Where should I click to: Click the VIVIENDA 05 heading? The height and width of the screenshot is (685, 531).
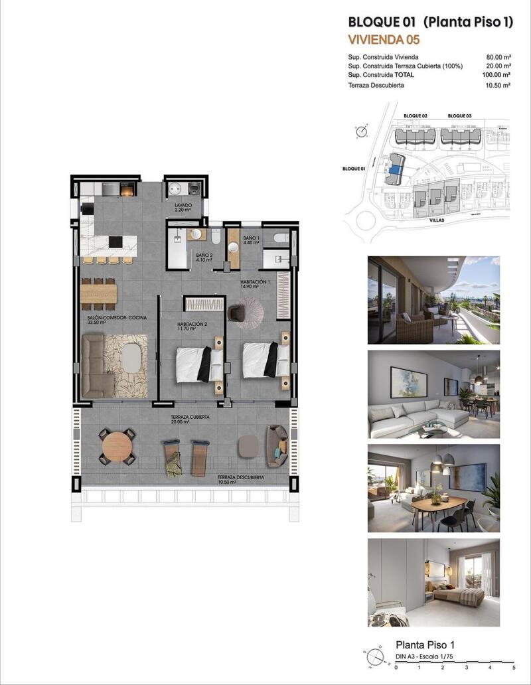click(384, 40)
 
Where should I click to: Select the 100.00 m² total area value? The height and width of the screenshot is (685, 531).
click(496, 76)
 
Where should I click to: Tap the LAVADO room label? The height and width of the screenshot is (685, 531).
click(183, 206)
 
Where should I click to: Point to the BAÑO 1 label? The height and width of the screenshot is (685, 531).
click(251, 238)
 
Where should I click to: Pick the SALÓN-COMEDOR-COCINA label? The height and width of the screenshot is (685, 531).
click(116, 319)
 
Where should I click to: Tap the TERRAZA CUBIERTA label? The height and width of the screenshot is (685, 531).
click(190, 417)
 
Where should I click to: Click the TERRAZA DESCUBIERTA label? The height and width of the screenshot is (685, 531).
click(241, 477)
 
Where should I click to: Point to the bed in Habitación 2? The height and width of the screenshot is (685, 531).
click(198, 364)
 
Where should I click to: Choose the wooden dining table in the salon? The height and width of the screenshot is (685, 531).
click(99, 293)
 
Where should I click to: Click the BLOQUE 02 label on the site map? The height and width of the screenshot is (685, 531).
click(416, 116)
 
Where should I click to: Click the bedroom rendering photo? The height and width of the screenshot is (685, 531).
click(433, 582)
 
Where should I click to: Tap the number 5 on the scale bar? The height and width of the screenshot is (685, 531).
click(514, 667)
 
